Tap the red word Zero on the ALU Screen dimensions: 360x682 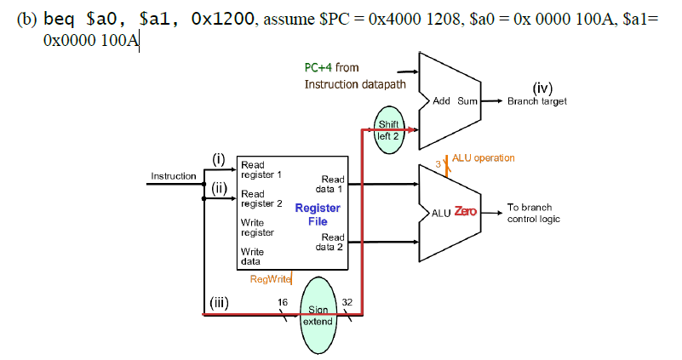point(465,211)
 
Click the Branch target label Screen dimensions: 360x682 point(536,100)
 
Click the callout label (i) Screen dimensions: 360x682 point(218,160)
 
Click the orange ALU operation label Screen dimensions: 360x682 point(483,158)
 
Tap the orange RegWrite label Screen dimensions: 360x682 point(270,278)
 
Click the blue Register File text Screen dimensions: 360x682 point(317,214)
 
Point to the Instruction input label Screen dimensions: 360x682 point(173,176)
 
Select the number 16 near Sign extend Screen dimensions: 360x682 point(283,301)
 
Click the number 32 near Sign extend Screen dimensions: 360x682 point(347,301)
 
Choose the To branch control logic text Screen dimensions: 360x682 point(535,213)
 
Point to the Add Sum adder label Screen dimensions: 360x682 point(456,100)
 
